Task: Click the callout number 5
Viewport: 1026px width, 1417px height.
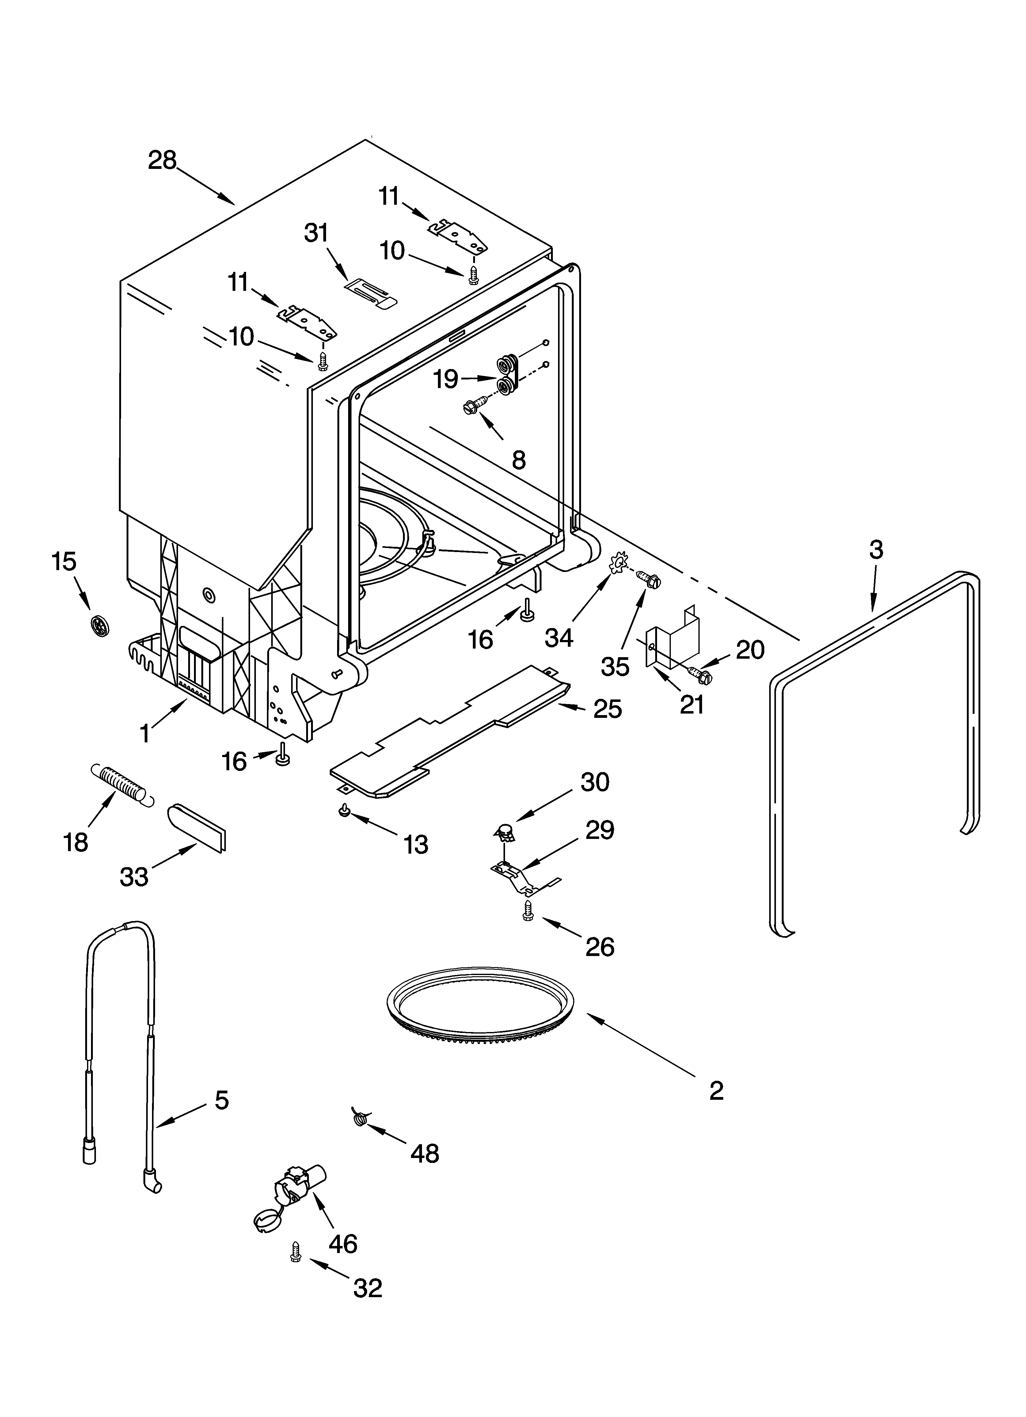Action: [x=222, y=1100]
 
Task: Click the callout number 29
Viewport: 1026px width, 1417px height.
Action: [x=600, y=830]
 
